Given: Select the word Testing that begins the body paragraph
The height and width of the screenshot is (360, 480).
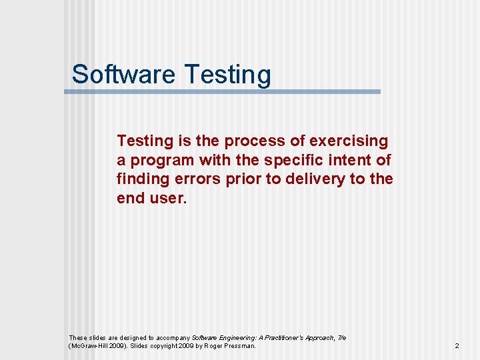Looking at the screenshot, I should coord(145,141).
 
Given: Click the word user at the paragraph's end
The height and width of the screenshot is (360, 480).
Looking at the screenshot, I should coord(169,198).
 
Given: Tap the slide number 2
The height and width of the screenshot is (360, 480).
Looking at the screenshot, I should coord(457,346).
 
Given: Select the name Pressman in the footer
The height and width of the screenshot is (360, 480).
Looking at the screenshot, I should coord(238,346).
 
